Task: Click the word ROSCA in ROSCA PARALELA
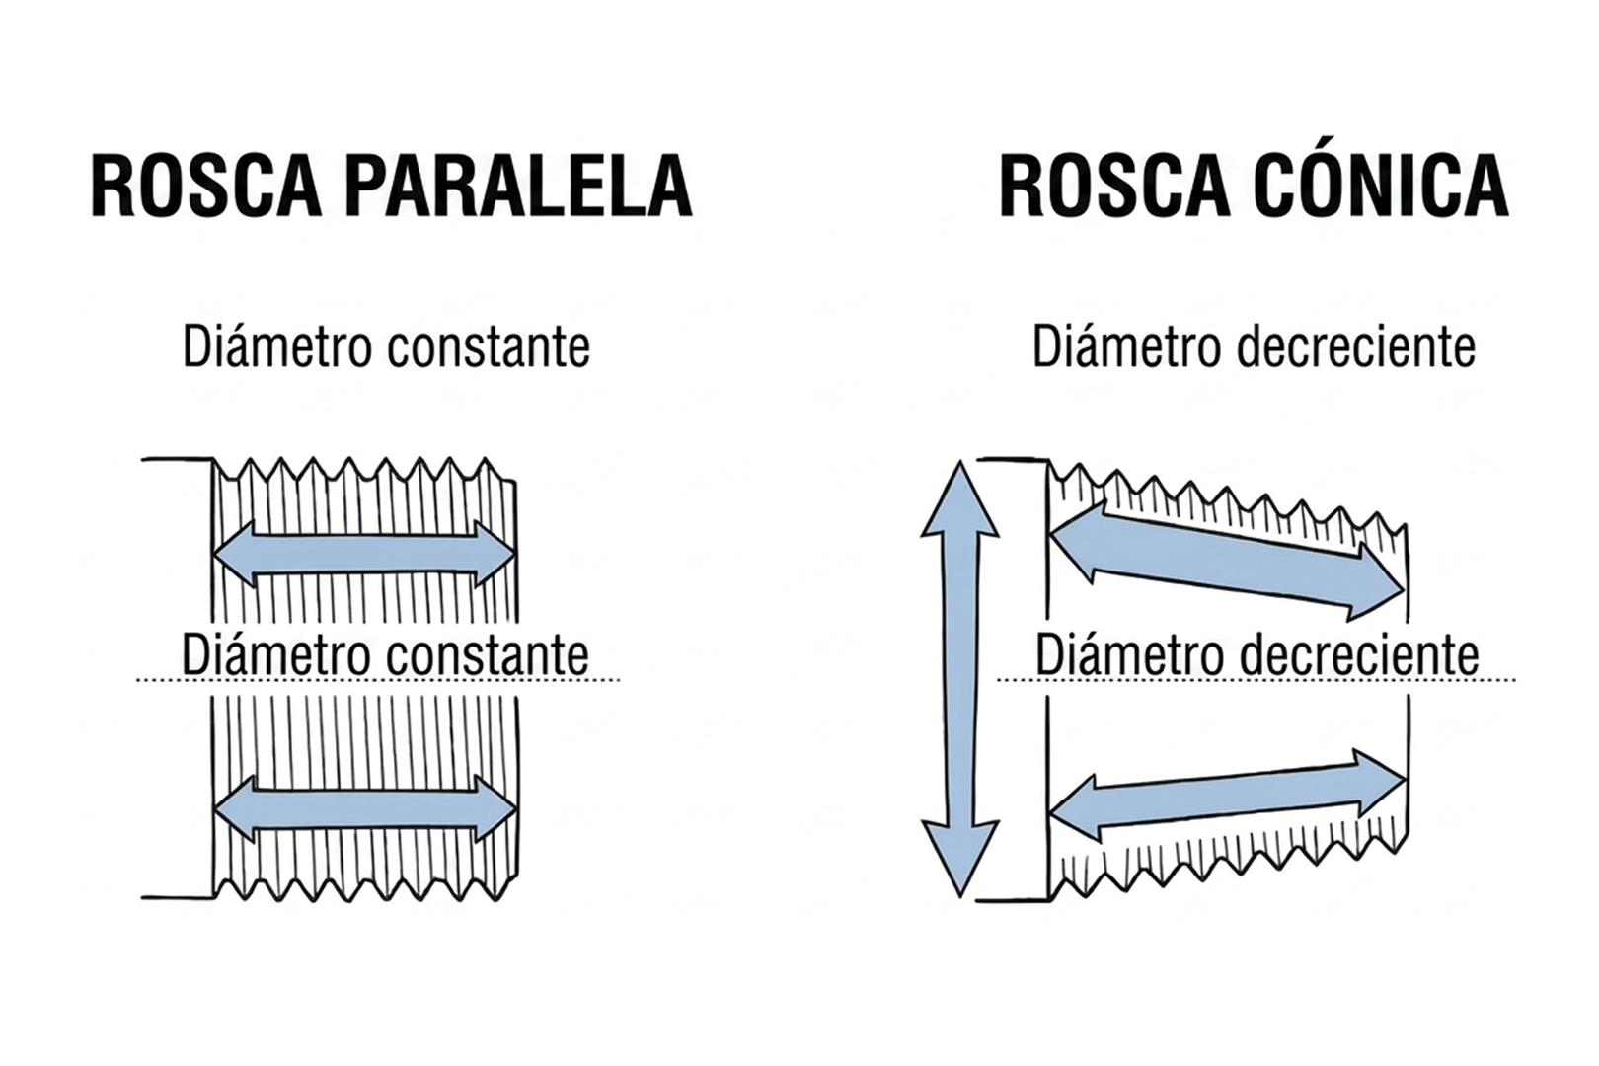coord(206,186)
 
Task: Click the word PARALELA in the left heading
coord(522,186)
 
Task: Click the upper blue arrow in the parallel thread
coord(364,555)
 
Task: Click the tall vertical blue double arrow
coord(959,678)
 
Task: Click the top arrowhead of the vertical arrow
coord(959,498)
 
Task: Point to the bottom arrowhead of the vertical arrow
coord(959,859)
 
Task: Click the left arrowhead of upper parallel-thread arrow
coord(235,555)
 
